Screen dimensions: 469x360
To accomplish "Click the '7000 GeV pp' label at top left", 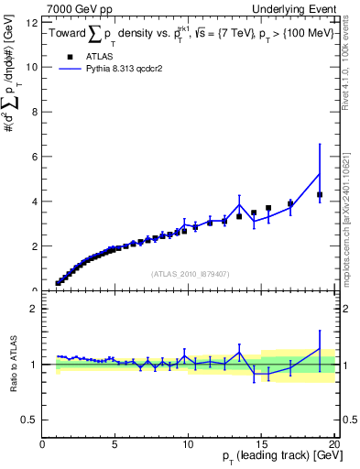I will click(x=72, y=9).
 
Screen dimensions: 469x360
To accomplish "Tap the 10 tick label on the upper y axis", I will click(x=34, y=67).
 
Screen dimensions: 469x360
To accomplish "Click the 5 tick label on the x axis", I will click(x=115, y=443).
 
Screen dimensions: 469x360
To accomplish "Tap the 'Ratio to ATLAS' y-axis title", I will click(x=13, y=365).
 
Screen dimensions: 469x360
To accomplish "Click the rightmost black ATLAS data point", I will click(x=320, y=194).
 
